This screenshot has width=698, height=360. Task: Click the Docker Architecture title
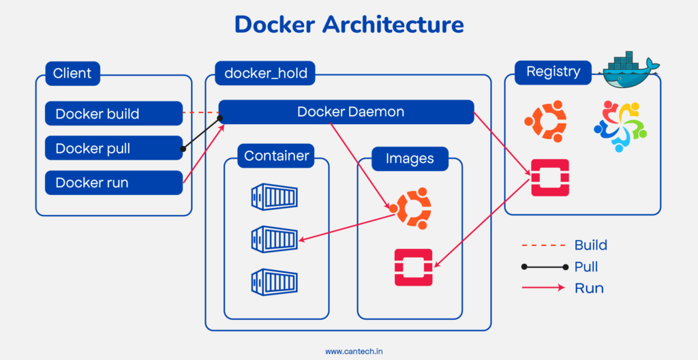pyautogui.click(x=349, y=25)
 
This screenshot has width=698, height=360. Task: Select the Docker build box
pyautogui.click(x=114, y=113)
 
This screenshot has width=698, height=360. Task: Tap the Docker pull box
pyautogui.click(x=114, y=148)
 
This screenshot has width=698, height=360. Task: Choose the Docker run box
pyautogui.click(x=114, y=183)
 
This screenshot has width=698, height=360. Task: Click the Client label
pyautogui.click(x=72, y=73)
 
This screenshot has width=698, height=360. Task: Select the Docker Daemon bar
pyautogui.click(x=346, y=112)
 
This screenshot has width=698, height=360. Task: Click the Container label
pyautogui.click(x=277, y=156)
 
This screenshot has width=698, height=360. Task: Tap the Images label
pyautogui.click(x=410, y=159)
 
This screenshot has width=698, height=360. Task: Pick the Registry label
pyautogui.click(x=553, y=72)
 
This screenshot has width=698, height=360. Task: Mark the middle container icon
pyautogui.click(x=274, y=239)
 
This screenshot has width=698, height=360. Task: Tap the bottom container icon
pyautogui.click(x=274, y=280)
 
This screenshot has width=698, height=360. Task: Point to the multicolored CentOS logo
pyautogui.click(x=620, y=126)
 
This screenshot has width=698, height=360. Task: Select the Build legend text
pyautogui.click(x=590, y=245)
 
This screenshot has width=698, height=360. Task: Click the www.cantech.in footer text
pyautogui.click(x=348, y=351)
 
